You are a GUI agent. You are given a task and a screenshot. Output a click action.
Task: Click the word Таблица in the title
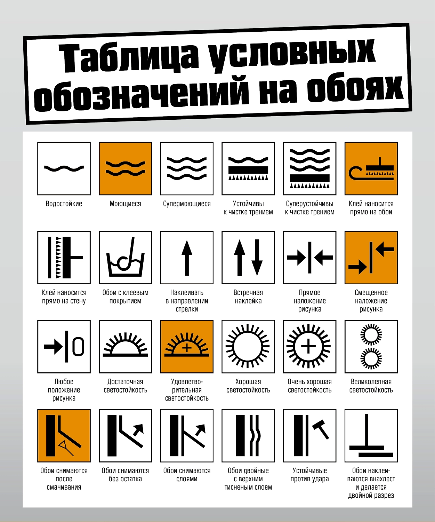[x=130, y=58]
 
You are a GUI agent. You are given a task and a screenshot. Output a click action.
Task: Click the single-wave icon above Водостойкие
[x=64, y=168]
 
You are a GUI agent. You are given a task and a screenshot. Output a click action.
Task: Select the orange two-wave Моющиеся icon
[x=126, y=168]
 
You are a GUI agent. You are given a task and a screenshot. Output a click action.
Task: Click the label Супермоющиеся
[x=187, y=204]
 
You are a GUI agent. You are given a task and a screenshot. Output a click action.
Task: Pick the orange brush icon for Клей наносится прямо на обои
[x=371, y=168]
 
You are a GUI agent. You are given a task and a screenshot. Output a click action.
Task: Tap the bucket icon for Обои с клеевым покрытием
[x=126, y=258]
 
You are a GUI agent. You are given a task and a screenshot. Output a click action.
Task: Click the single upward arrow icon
[x=187, y=258]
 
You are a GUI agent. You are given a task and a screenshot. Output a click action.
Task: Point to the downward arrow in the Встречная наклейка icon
[x=257, y=258]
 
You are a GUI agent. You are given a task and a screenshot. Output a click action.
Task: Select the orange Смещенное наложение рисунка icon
[x=371, y=258]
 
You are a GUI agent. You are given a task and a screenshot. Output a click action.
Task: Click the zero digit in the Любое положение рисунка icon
[x=78, y=347]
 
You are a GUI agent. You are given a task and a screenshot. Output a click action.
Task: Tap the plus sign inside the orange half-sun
[x=187, y=348]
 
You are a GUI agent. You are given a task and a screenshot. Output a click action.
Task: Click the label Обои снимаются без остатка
[x=126, y=475]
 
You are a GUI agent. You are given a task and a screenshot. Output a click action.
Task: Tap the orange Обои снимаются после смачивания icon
[x=64, y=435]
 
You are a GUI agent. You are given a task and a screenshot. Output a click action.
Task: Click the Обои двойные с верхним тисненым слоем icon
[x=248, y=435]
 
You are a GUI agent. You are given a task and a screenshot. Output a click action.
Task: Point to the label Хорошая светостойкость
[x=248, y=386]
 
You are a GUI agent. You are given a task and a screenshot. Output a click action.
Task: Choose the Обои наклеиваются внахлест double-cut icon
[x=371, y=435]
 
